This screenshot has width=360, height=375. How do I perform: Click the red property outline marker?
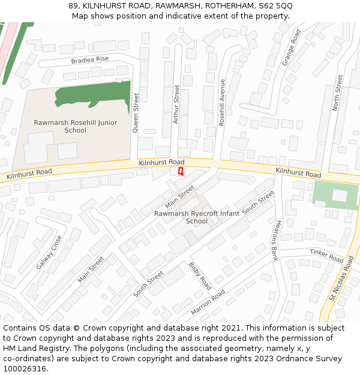tap(181, 172)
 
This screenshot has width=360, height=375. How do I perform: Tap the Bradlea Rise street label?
tap(90, 59)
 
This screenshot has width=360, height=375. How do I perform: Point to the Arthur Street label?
tap(176, 104)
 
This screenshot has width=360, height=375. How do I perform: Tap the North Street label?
tap(338, 92)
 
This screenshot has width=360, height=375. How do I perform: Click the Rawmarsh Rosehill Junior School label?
tap(76, 127)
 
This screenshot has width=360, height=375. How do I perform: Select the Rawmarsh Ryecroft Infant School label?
tap(197, 217)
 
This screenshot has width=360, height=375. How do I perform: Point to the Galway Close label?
tap(48, 252)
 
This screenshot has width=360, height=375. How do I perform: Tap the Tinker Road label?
tap(326, 256)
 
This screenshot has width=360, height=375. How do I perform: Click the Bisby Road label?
tap(200, 275)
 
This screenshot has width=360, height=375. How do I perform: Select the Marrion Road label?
tap(208, 302)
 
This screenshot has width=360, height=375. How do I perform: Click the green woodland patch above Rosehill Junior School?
tap(93, 96)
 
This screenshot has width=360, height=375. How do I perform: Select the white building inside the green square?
tap(340, 195)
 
